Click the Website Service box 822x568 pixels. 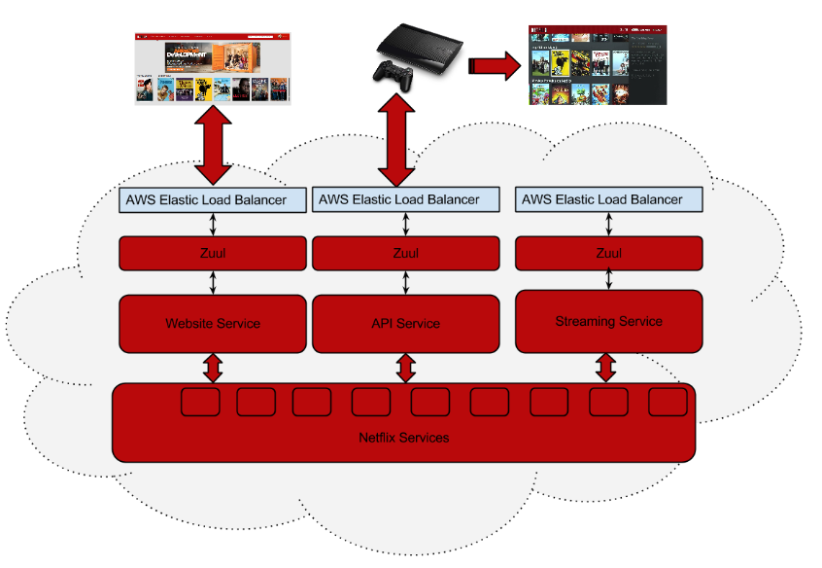[x=212, y=324]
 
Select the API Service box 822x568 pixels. [x=405, y=324]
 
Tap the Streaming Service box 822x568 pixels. [x=608, y=321]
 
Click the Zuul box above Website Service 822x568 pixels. [x=212, y=253]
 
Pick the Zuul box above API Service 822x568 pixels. [x=405, y=253]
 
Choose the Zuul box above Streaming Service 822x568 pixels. [x=608, y=253]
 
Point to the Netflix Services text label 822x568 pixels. [x=403, y=438]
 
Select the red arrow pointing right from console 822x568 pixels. [x=493, y=66]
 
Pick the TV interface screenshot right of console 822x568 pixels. [x=598, y=65]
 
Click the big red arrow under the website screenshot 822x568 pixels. [x=213, y=146]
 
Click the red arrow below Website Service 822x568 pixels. [x=212, y=369]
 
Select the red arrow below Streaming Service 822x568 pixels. [x=606, y=368]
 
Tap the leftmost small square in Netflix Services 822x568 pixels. [x=200, y=402]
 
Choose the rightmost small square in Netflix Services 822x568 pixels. [x=668, y=402]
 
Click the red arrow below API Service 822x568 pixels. [x=405, y=369]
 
